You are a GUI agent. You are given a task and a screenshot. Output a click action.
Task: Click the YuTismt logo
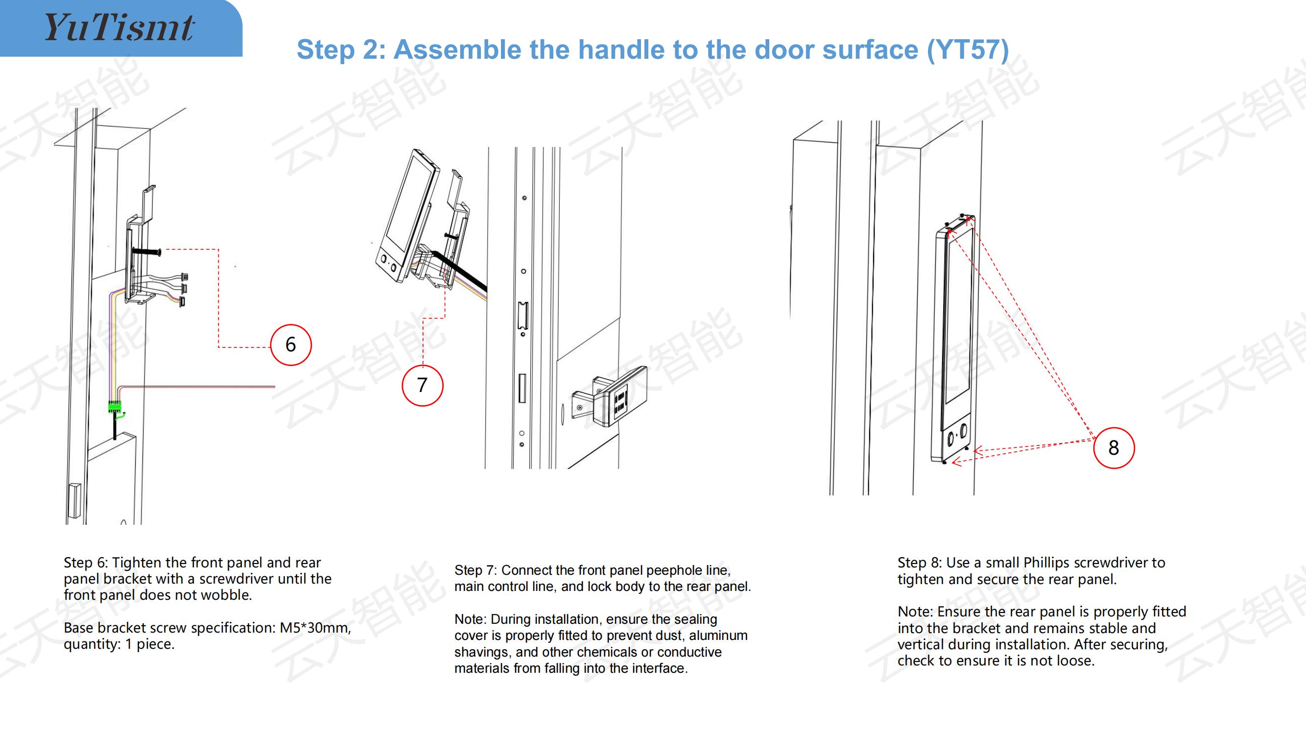click(119, 27)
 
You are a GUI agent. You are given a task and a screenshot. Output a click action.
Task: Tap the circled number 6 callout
click(290, 345)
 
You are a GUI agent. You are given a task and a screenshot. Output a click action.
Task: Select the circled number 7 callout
click(422, 386)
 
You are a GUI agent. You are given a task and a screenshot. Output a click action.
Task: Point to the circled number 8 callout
click(1114, 448)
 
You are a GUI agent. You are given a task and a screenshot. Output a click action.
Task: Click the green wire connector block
click(115, 406)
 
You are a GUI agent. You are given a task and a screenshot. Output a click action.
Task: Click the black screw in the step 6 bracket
click(146, 250)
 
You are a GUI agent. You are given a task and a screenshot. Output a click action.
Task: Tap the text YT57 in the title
click(968, 49)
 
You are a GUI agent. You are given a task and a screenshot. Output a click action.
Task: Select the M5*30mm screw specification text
click(314, 628)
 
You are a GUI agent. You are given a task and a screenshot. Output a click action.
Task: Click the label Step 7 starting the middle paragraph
click(475, 570)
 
